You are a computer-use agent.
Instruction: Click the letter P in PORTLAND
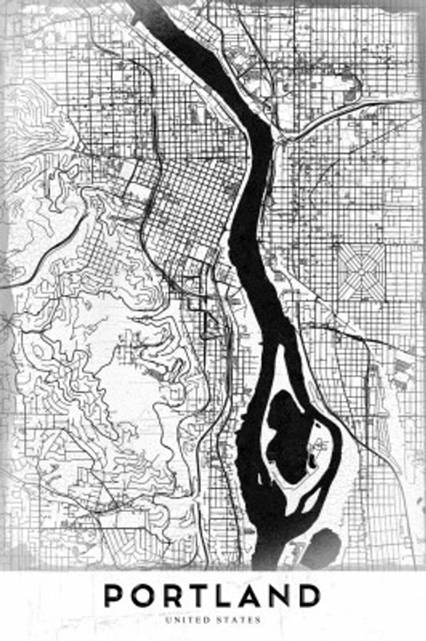coord(116,597)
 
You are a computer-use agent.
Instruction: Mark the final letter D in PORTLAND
coord(310,597)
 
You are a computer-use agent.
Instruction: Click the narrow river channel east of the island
coord(330,449)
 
